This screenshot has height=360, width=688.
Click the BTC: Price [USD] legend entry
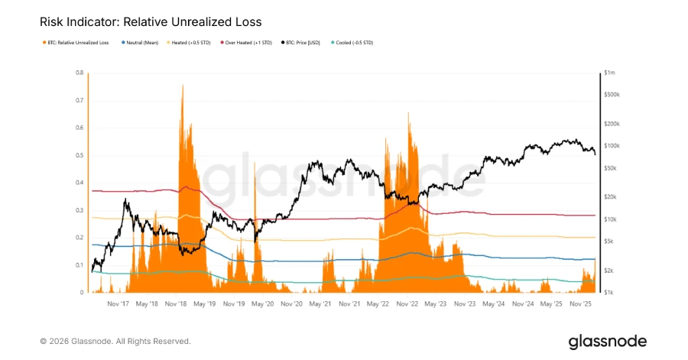click(303, 43)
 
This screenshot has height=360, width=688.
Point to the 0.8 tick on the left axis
click(80, 73)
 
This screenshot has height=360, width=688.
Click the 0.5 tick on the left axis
click(80, 155)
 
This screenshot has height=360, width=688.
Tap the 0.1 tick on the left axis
click(80, 265)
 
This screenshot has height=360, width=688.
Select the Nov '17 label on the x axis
click(118, 303)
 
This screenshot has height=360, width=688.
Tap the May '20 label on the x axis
click(262, 303)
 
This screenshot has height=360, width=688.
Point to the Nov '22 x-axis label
click(407, 303)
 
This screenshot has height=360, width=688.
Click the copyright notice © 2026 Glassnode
click(115, 341)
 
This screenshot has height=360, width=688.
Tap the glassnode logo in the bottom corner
click(607, 341)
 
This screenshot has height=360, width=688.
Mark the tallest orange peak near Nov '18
click(182, 86)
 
